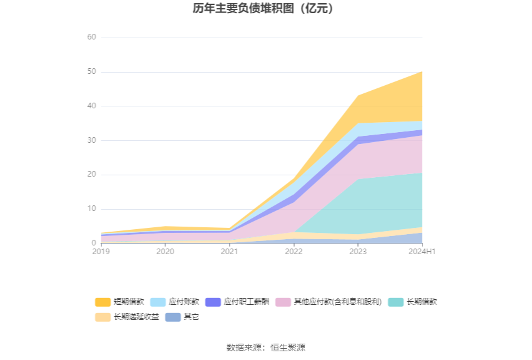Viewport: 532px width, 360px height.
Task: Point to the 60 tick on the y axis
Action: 91,37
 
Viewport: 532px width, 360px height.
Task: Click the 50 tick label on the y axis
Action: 91,71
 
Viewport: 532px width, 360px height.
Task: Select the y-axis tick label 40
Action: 91,106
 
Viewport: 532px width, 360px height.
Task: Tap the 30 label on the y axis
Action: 91,140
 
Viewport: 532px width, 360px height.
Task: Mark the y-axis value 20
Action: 91,175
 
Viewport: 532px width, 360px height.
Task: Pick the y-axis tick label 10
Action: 91,208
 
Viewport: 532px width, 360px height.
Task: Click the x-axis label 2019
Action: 101,252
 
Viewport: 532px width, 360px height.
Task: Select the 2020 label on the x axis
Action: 165,252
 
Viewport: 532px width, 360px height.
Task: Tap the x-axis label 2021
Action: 229,252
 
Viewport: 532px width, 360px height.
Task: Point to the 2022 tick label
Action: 294,252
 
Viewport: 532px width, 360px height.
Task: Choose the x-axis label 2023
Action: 358,252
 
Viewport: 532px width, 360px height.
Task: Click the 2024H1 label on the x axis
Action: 422,252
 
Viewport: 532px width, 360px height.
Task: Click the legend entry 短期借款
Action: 120,302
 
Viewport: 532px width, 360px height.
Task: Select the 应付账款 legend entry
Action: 175,302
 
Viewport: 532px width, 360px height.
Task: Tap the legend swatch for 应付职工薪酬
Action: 213,302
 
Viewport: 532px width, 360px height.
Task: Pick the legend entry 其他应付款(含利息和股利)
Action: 329,302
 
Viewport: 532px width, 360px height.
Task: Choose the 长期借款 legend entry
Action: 412,302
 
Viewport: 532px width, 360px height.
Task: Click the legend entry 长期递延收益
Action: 127,317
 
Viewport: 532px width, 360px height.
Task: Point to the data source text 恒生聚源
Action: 288,347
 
